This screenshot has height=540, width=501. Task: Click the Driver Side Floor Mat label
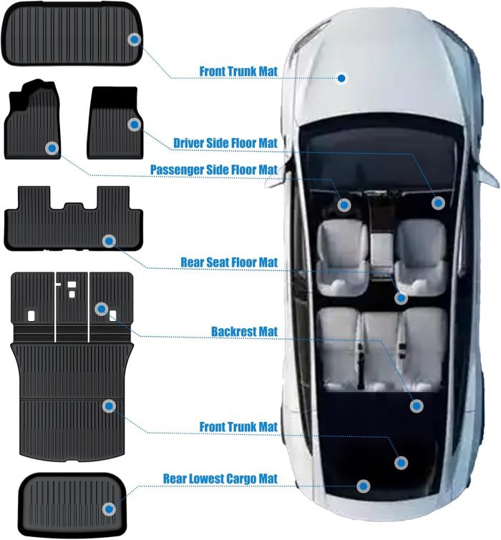[x=225, y=143]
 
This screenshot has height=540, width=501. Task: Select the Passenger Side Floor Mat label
[x=213, y=170]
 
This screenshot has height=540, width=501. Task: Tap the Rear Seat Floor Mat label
[x=229, y=263]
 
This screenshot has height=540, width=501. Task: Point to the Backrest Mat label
[x=244, y=332]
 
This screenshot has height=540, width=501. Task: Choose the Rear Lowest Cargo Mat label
[x=220, y=478]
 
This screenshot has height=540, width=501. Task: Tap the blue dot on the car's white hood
[x=342, y=78]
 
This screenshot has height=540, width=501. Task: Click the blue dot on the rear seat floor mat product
[x=108, y=241]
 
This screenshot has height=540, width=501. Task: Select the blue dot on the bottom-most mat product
[x=108, y=509]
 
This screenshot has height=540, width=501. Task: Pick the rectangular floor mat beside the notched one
[x=114, y=125]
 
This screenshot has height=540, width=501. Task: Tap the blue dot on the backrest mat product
[x=102, y=309]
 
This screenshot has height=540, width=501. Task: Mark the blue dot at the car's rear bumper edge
[x=364, y=486]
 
